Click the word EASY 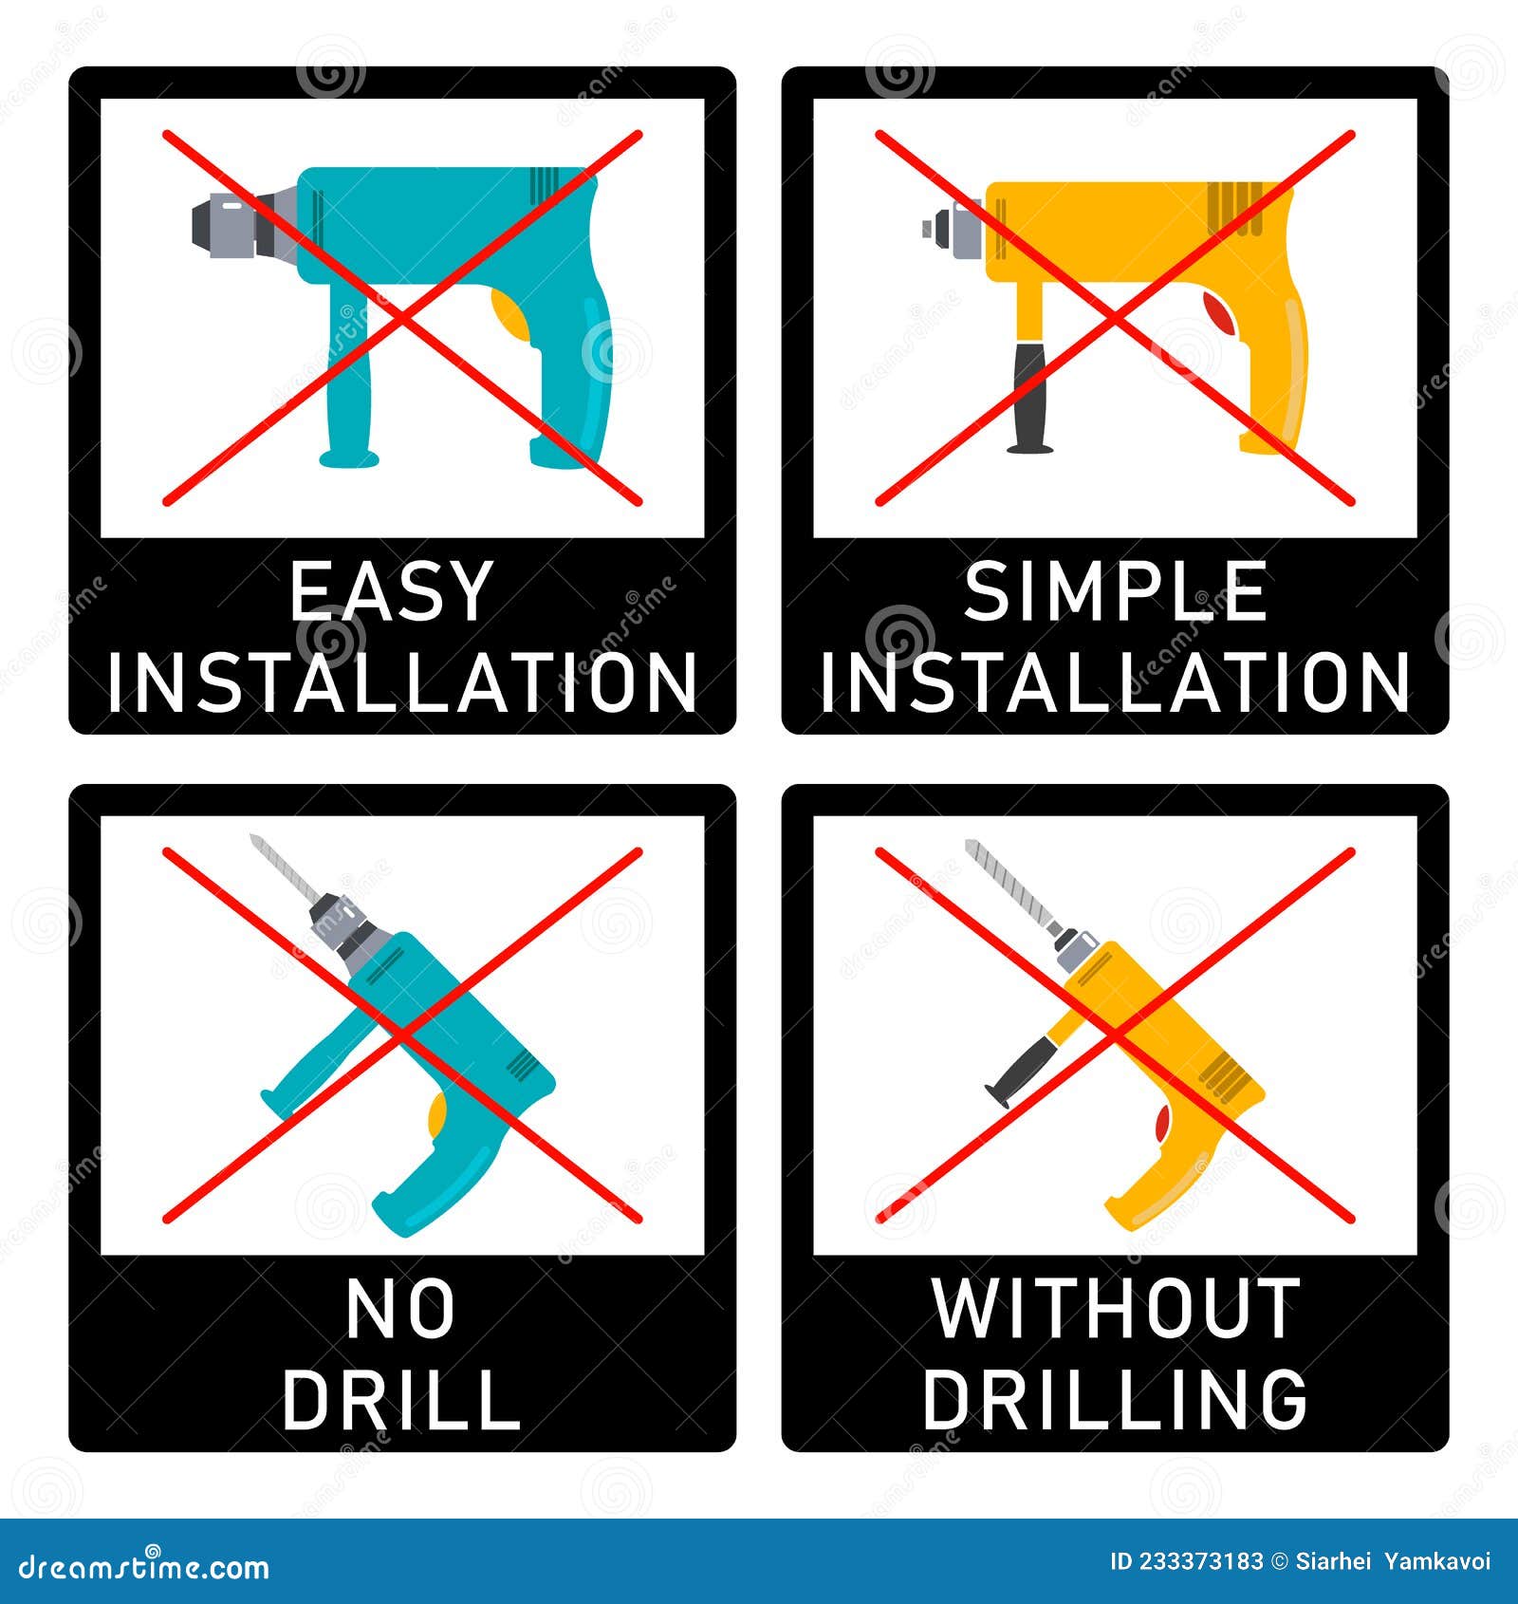coord(390,591)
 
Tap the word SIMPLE coord(1115,591)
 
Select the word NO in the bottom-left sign coord(399,1310)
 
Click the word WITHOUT coord(1115,1310)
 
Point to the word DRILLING coord(1115,1399)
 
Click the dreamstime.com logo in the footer coord(144,1566)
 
